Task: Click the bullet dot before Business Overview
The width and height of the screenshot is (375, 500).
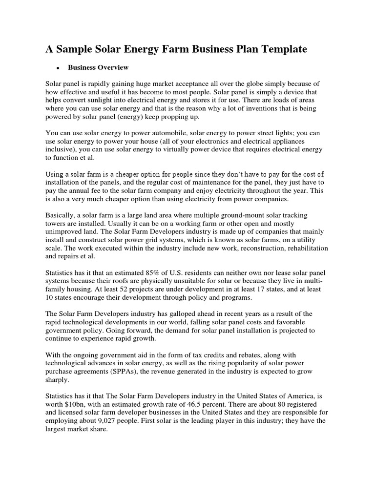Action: tap(58, 68)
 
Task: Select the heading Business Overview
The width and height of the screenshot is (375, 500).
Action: tap(98, 67)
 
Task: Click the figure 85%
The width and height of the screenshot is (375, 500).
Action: tap(167, 273)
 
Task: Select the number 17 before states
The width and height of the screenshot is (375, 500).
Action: tap(275, 290)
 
